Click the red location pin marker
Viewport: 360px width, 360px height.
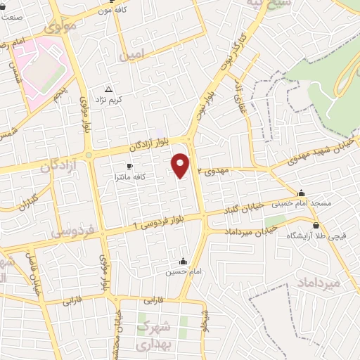click(181, 165)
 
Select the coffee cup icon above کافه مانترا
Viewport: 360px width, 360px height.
click(129, 167)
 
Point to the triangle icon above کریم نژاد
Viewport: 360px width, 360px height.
click(108, 90)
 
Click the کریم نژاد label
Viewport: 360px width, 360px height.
click(110, 101)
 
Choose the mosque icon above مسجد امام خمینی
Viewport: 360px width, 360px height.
click(302, 193)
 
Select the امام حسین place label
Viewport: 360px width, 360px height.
click(179, 271)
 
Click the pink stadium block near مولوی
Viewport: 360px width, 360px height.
click(45, 67)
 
